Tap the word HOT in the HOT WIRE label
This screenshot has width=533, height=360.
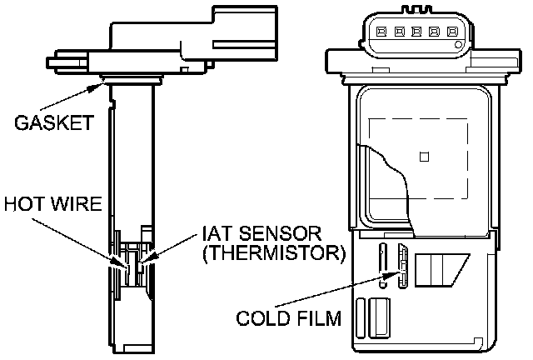click(x=21, y=204)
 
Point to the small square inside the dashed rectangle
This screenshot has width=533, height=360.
click(x=424, y=156)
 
